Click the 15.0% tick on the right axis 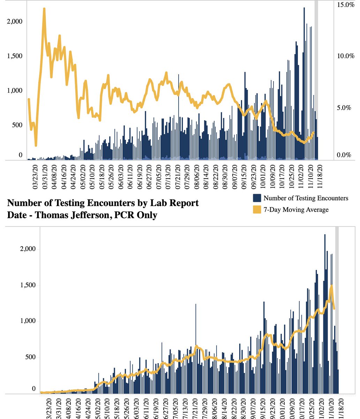[x=345, y=5]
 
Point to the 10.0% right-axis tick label [x=345, y=56]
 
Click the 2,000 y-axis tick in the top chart [x=14, y=21]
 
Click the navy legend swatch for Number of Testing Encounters [x=257, y=198]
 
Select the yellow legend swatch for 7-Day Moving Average [x=257, y=209]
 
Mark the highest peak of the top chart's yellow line [x=44, y=9]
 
